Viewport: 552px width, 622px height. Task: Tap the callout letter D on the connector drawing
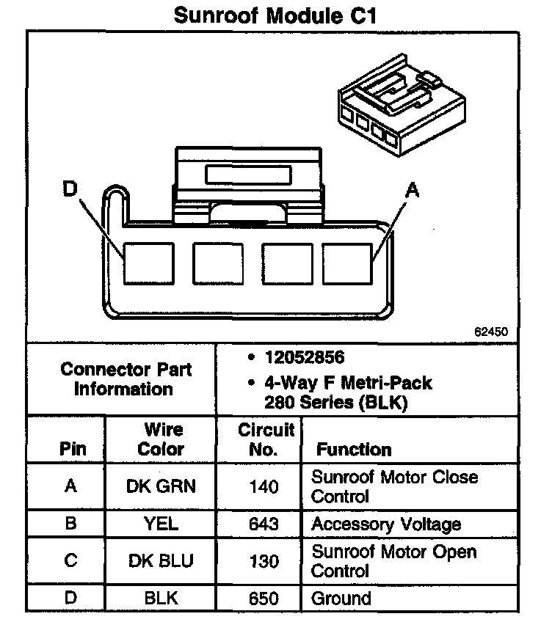click(70, 190)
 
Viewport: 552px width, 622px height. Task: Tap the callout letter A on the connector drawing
click(413, 191)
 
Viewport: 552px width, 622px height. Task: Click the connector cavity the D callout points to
click(147, 263)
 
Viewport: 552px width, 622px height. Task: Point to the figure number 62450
click(490, 332)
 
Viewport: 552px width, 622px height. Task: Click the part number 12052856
click(305, 359)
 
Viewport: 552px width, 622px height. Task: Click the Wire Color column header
click(161, 439)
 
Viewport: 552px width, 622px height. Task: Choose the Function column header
click(353, 449)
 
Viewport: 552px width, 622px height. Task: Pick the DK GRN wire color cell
click(161, 486)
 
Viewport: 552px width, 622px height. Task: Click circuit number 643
click(262, 524)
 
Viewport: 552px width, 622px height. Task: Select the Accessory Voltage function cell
click(386, 524)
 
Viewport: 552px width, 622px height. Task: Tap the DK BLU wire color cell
click(161, 561)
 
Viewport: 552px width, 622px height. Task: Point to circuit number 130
click(262, 561)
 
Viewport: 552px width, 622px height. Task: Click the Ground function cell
click(341, 599)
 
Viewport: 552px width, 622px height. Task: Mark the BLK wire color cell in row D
click(161, 599)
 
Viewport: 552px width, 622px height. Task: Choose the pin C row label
click(70, 561)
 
